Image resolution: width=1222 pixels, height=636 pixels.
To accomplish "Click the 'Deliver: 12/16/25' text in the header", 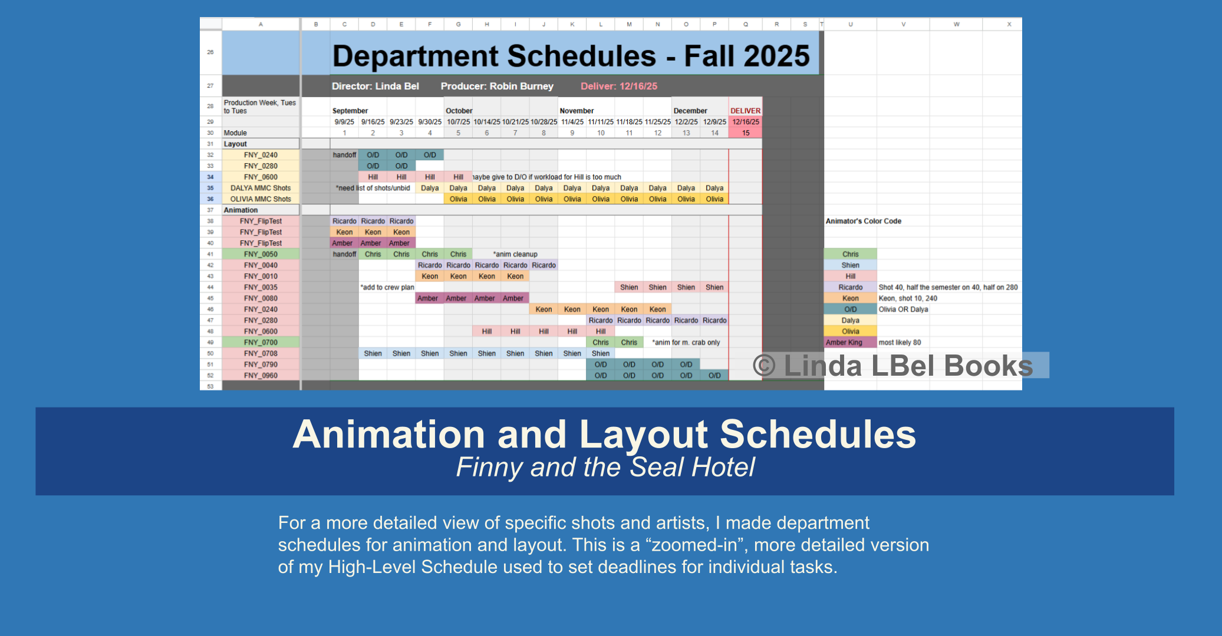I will [x=618, y=86].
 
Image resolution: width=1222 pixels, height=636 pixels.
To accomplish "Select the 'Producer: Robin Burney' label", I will [x=496, y=86].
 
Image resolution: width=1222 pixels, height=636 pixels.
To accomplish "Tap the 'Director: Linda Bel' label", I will [x=375, y=86].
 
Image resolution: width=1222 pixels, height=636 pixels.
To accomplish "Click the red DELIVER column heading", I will [x=745, y=111].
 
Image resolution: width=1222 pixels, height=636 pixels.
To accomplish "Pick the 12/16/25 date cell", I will [x=745, y=122].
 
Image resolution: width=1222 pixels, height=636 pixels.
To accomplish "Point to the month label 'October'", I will [x=459, y=111].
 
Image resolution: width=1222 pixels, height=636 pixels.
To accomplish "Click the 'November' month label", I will [x=576, y=111].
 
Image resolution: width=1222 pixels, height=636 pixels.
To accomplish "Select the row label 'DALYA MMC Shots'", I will [x=261, y=188].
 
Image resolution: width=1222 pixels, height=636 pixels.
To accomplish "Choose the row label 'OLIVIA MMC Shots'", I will [x=261, y=199].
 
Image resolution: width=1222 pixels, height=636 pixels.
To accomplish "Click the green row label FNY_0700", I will [x=261, y=342].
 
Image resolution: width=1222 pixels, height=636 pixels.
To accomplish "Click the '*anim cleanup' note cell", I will [x=515, y=254].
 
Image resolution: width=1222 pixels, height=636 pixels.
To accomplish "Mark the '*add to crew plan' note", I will [x=387, y=287].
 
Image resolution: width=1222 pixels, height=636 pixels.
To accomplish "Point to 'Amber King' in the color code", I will [x=844, y=342].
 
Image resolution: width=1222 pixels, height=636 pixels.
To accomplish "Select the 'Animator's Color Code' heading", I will [x=863, y=221].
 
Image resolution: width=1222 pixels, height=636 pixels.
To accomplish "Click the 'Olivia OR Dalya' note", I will [x=903, y=309].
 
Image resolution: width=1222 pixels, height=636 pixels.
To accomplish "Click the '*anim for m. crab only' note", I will [x=686, y=342].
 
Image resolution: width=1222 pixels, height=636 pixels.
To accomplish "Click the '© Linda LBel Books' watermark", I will [x=892, y=366].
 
